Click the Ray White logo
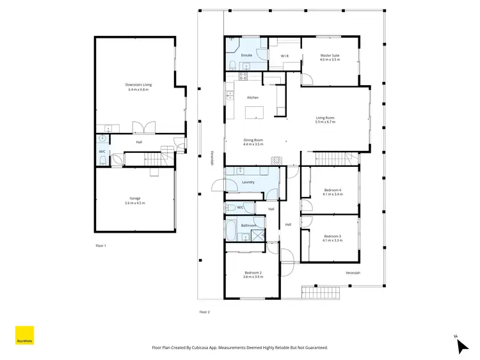pyautogui.click(x=24, y=336)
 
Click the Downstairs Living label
pyautogui.click(x=138, y=87)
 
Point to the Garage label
pyautogui.click(x=136, y=200)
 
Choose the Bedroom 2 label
pyautogui.click(x=253, y=275)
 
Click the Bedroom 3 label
pyautogui.click(x=332, y=239)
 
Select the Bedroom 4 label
pyautogui.click(x=332, y=192)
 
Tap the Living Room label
pyautogui.click(x=325, y=120)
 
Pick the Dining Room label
pyautogui.click(x=253, y=142)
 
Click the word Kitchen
pyautogui.click(x=253, y=97)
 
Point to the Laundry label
pyautogui.click(x=249, y=182)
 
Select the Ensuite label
pyautogui.click(x=246, y=56)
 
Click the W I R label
pyautogui.click(x=285, y=56)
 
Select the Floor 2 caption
pyautogui.click(x=205, y=312)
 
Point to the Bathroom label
pyautogui.click(x=249, y=226)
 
